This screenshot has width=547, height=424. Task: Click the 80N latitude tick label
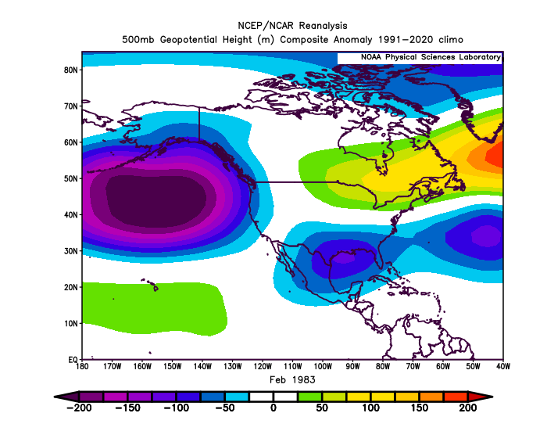(x=70, y=70)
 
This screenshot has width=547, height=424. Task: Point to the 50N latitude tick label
(x=70, y=178)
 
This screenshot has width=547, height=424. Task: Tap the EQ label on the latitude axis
(x=73, y=359)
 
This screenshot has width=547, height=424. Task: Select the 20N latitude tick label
(x=70, y=287)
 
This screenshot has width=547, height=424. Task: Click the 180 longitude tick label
(x=82, y=366)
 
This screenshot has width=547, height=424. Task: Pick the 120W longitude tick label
(x=263, y=366)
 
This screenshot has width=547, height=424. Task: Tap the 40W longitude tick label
(x=502, y=366)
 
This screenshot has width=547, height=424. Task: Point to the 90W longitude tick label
(x=352, y=366)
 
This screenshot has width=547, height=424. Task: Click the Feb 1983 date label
(x=292, y=379)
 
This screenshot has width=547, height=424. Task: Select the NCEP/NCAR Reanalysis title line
(x=292, y=26)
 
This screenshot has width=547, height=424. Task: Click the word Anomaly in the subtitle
(x=352, y=40)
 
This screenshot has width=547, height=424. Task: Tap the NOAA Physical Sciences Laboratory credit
(x=431, y=57)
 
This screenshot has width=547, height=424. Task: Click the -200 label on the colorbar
(x=79, y=408)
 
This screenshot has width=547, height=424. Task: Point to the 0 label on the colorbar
(x=273, y=408)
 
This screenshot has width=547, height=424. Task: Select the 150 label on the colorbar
(x=419, y=408)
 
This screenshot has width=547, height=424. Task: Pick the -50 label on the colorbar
(x=224, y=408)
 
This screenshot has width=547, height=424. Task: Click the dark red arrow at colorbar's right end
(x=480, y=397)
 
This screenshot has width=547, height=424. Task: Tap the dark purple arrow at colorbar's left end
(x=67, y=397)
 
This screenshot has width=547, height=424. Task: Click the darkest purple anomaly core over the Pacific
(x=156, y=201)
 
